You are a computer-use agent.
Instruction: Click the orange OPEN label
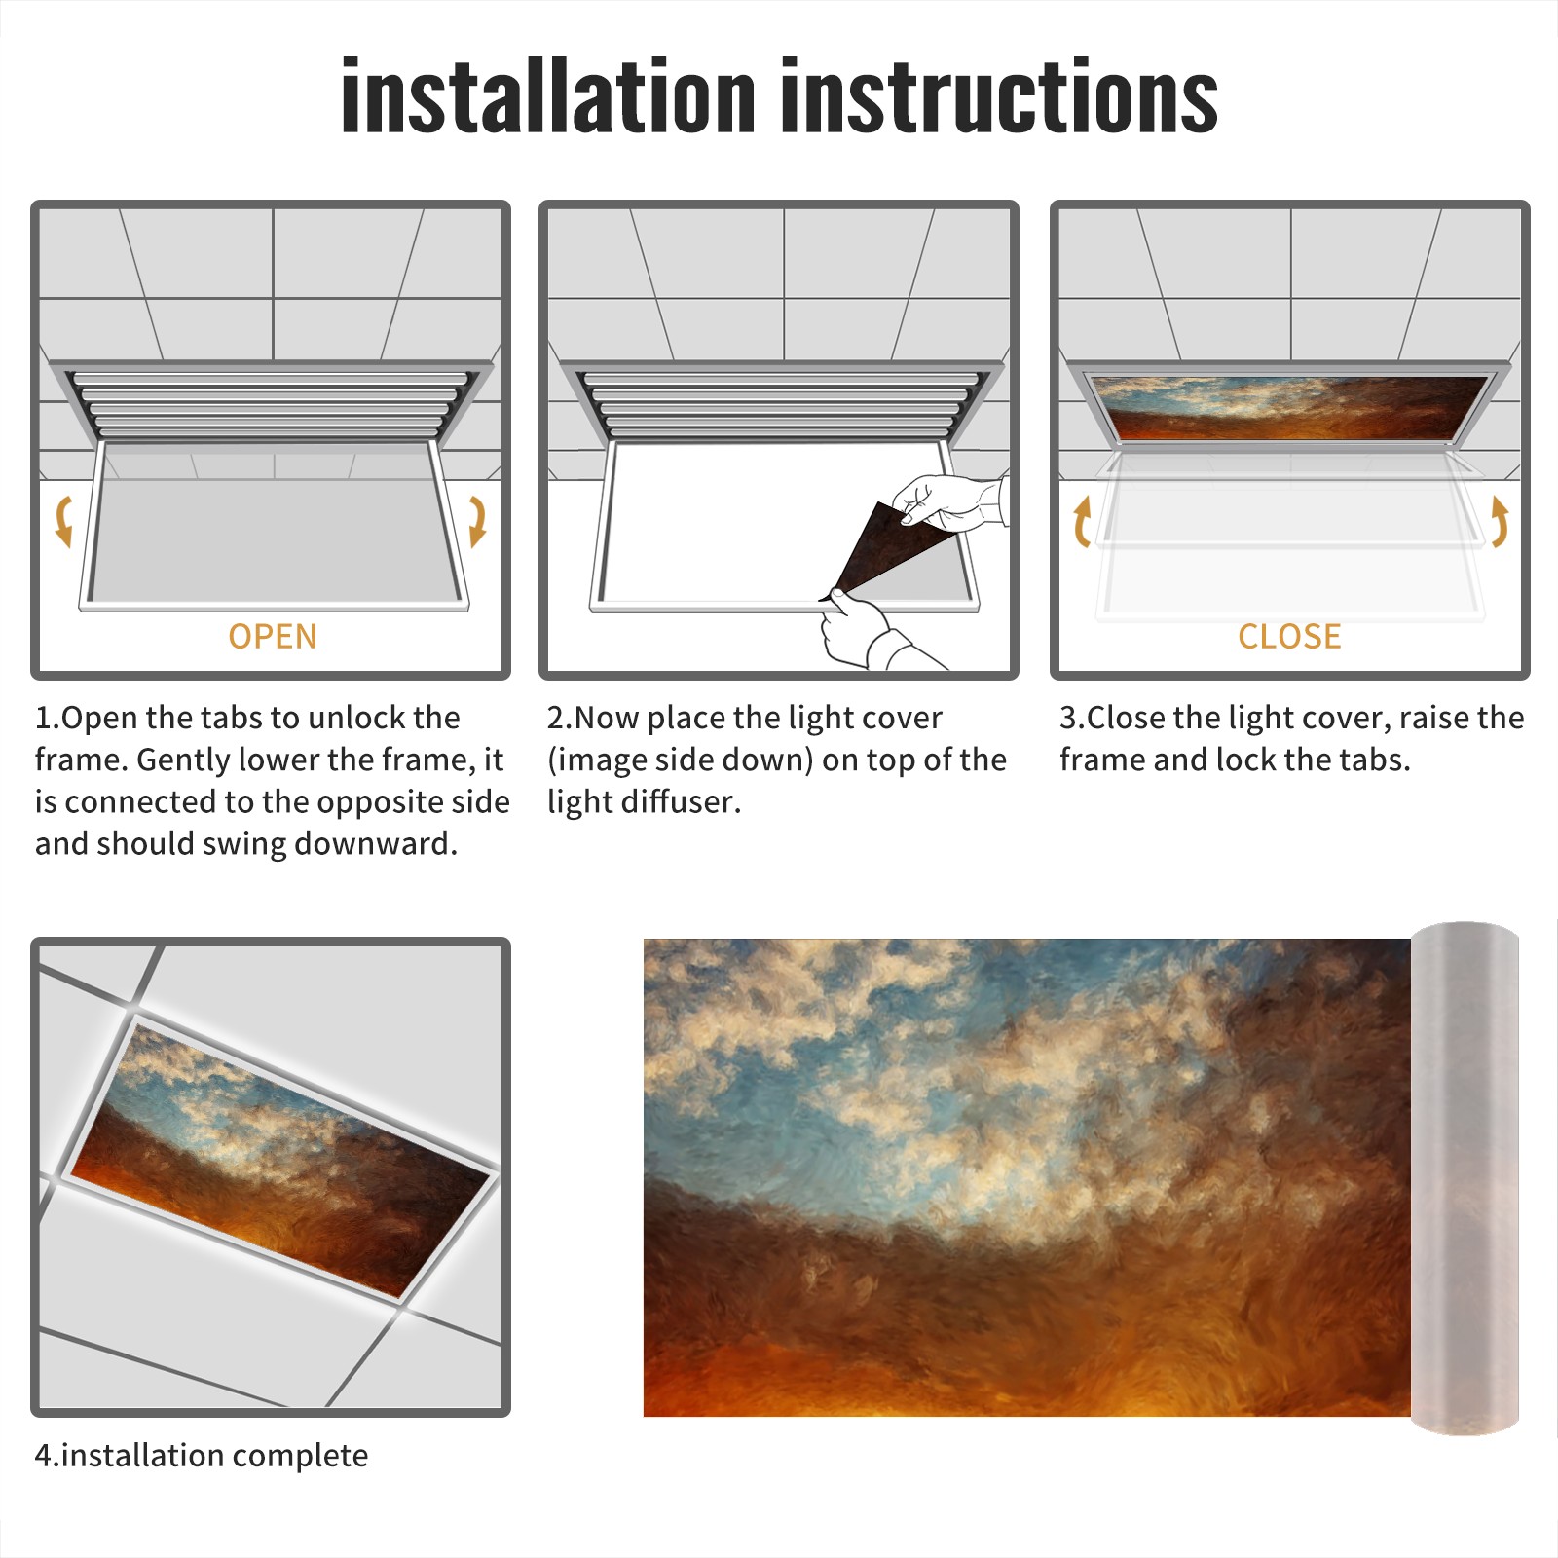[x=273, y=636]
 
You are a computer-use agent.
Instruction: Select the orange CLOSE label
[x=1289, y=636]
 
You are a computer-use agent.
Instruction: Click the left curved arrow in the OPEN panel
[x=63, y=521]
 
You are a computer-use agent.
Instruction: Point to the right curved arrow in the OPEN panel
[x=477, y=521]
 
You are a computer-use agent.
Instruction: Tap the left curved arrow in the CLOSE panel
[x=1082, y=521]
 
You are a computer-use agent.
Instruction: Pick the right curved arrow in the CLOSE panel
[x=1500, y=521]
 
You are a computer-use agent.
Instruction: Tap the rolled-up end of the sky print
[x=1465, y=1178]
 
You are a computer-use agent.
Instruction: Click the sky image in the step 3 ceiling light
[x=1289, y=407]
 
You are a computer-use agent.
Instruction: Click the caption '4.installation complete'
[x=202, y=1456]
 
